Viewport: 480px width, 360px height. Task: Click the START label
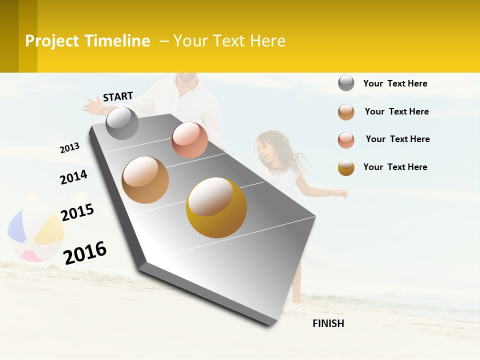(118, 96)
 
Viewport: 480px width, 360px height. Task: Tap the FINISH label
(328, 323)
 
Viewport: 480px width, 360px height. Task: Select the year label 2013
(69, 148)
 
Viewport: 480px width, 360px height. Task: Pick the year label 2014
(73, 177)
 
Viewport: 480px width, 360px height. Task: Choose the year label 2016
(85, 253)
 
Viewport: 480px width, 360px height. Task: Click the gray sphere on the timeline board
(122, 123)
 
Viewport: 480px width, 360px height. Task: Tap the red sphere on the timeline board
(189, 140)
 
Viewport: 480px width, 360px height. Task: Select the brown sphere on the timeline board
(145, 180)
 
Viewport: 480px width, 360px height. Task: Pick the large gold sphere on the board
(216, 207)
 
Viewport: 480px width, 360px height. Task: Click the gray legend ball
(346, 83)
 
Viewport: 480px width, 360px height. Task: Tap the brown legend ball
(346, 112)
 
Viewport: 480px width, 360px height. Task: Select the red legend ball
(346, 140)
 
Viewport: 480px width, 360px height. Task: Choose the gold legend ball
(346, 167)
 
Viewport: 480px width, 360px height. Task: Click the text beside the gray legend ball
(395, 83)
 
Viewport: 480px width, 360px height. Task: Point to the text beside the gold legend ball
(395, 167)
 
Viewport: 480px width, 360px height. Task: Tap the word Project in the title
(52, 41)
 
